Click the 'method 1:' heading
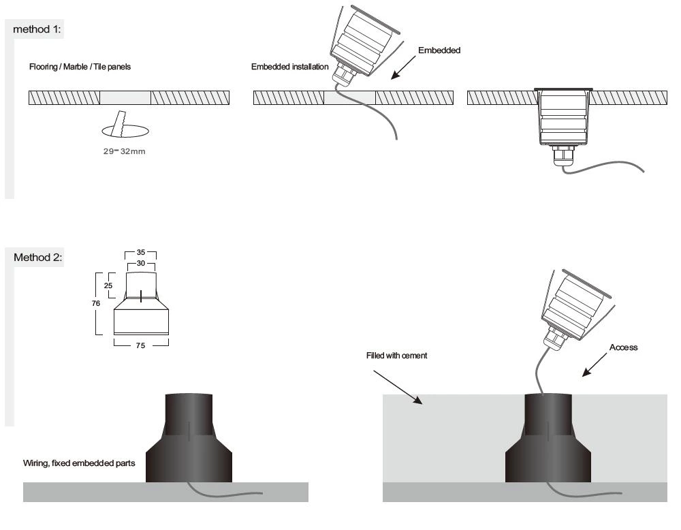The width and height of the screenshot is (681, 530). [42, 31]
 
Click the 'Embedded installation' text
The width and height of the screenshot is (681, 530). [289, 67]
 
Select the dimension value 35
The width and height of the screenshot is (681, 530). [141, 252]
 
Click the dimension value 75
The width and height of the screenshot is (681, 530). [141, 345]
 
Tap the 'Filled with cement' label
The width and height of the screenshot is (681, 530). [397, 356]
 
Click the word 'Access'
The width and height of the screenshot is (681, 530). [622, 347]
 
